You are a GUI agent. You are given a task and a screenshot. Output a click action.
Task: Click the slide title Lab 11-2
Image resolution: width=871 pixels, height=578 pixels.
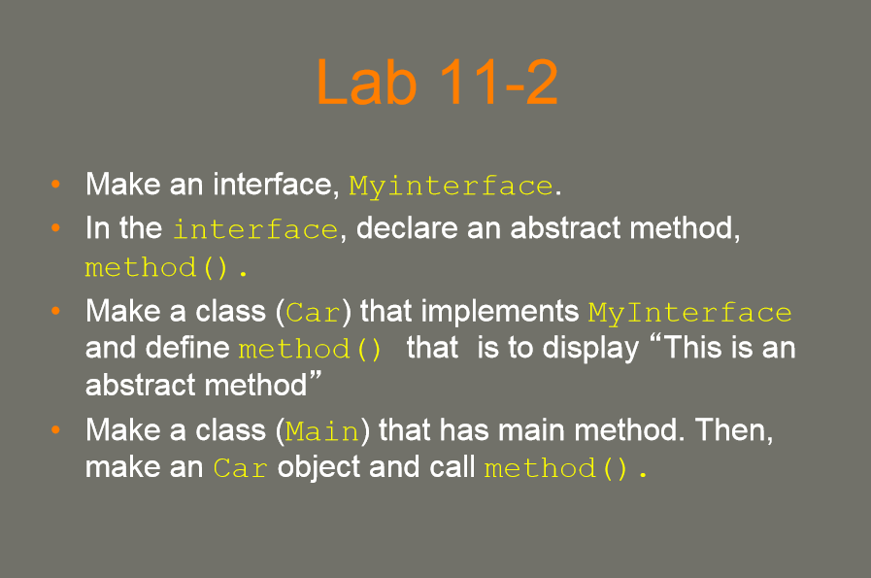point(437,83)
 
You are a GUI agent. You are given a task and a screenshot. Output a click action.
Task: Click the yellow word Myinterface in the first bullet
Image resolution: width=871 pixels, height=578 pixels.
point(451,187)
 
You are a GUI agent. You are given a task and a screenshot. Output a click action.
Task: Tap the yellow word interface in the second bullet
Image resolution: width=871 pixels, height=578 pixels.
point(255,229)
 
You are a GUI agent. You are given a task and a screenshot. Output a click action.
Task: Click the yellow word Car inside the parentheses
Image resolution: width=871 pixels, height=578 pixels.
point(313,313)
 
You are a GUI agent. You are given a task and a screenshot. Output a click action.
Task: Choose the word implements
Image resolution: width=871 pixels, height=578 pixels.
point(500,311)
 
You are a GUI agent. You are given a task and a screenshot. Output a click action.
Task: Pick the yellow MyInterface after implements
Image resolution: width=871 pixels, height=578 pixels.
point(690,313)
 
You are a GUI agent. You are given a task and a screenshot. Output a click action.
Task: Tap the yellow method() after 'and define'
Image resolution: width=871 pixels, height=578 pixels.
point(310,349)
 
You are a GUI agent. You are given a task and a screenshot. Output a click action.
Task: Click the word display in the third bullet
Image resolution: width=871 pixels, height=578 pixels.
point(590,349)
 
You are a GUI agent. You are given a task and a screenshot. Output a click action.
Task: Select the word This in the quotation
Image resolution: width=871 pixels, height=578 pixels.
point(694,348)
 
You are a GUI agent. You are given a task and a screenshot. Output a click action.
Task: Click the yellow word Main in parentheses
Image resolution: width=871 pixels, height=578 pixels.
point(322,431)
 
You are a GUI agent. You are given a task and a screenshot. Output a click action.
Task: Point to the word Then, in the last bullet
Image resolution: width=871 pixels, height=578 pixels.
point(734,430)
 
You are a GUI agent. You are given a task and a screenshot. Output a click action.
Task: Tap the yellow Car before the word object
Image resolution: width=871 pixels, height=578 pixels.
point(241,468)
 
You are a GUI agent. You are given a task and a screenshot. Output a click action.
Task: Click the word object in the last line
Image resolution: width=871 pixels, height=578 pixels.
point(319,467)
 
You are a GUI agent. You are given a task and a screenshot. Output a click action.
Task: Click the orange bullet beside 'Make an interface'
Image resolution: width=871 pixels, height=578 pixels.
point(55,184)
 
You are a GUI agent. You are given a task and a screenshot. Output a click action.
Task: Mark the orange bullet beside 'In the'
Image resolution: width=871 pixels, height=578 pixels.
point(55,228)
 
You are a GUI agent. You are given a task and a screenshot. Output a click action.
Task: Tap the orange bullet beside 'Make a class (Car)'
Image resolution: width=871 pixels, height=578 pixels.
point(55,311)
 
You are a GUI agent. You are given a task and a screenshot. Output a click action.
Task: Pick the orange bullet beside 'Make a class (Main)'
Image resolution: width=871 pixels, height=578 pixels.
point(55,429)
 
